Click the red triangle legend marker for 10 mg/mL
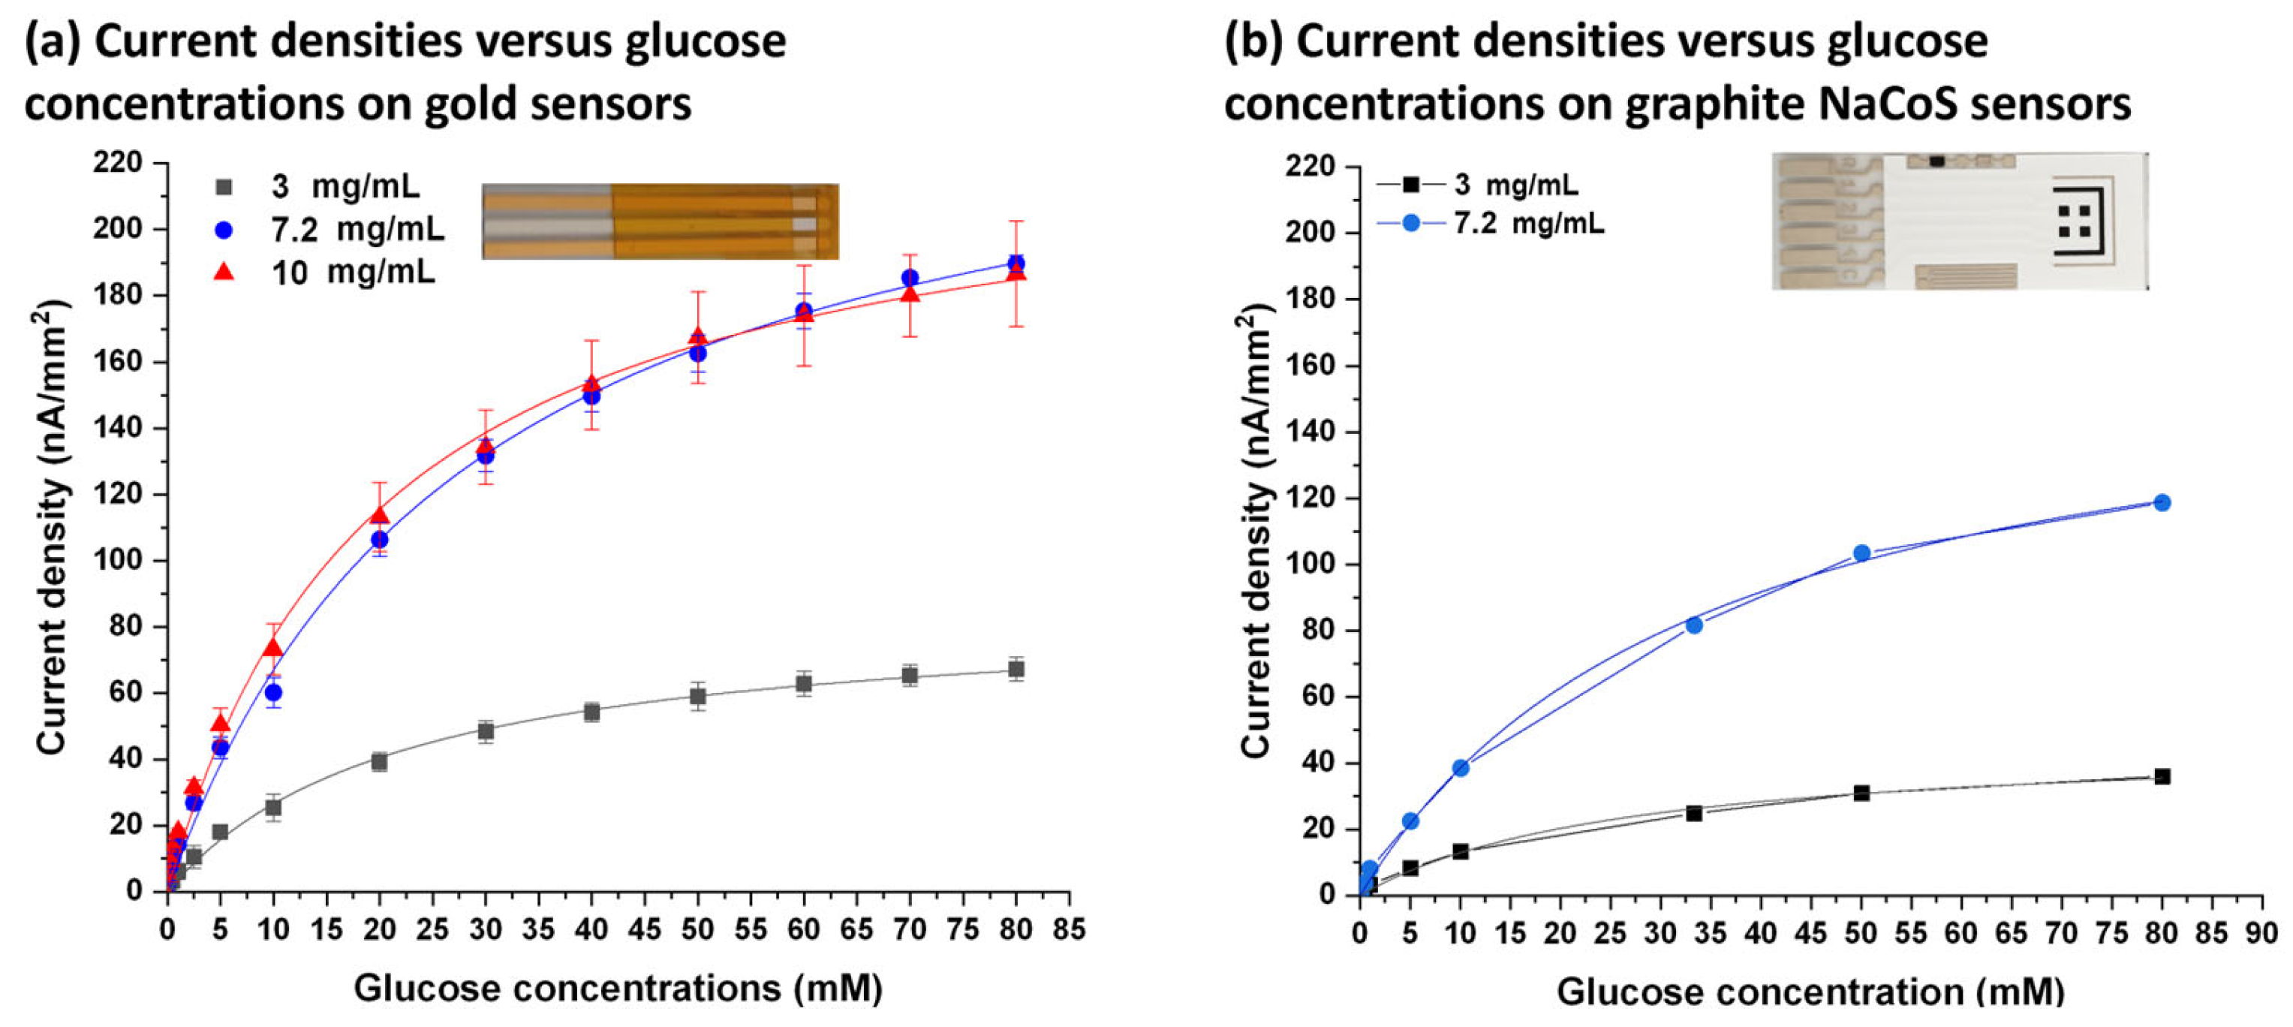pos(224,272)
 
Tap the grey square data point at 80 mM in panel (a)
pos(1016,669)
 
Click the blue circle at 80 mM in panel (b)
pos(2162,503)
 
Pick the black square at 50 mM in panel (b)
pos(1861,793)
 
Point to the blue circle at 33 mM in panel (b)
pos(1694,625)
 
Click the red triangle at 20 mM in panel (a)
pos(379,515)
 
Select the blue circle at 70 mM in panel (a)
pos(910,279)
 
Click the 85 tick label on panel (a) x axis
pos(1068,930)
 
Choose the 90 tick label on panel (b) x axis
pos(2261,934)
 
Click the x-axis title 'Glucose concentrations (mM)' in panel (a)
pos(618,989)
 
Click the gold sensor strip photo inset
pos(660,221)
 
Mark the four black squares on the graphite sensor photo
pos(2074,221)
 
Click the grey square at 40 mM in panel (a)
pos(591,712)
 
